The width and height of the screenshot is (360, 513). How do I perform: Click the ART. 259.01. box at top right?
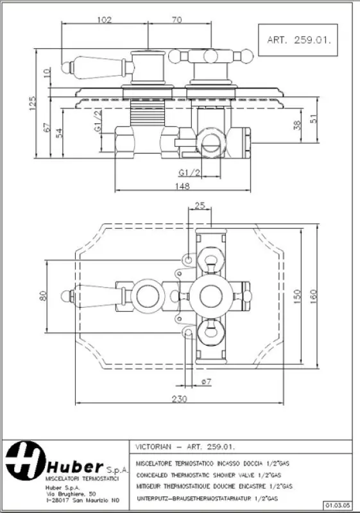(298, 39)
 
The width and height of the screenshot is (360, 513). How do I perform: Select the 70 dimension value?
(176, 19)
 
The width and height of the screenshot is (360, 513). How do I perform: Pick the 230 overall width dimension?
(179, 399)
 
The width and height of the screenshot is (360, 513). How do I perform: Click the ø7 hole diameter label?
(206, 382)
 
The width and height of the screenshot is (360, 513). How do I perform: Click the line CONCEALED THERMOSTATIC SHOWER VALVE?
(208, 475)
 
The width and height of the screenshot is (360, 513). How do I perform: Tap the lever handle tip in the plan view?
(65, 296)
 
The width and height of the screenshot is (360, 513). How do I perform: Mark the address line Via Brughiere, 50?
(71, 493)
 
